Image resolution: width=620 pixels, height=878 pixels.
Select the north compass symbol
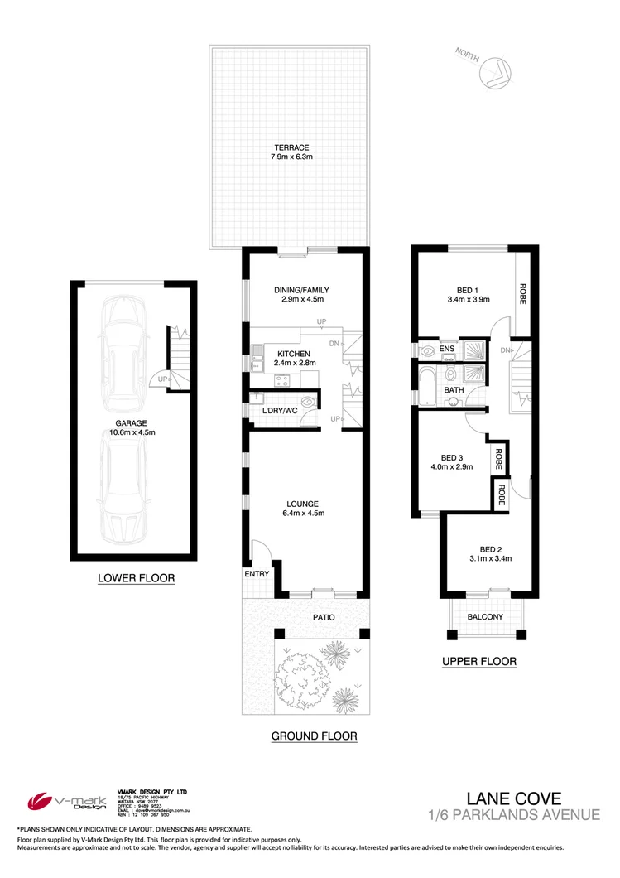pyautogui.click(x=497, y=71)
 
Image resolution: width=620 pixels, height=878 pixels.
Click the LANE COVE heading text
pyautogui.click(x=514, y=798)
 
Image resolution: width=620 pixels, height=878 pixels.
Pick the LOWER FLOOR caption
pyautogui.click(x=136, y=578)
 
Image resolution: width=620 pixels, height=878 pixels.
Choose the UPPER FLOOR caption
pyautogui.click(x=479, y=661)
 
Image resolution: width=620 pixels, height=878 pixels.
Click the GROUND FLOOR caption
pyautogui.click(x=314, y=736)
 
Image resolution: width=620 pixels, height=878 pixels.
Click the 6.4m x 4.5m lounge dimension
pyautogui.click(x=301, y=514)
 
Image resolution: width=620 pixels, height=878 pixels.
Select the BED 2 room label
pyautogui.click(x=492, y=548)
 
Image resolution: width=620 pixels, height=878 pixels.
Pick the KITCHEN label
pyautogui.click(x=270, y=352)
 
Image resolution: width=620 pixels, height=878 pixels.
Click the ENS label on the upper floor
pyautogui.click(x=447, y=350)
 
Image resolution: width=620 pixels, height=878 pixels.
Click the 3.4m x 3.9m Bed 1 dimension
pyautogui.click(x=469, y=300)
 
